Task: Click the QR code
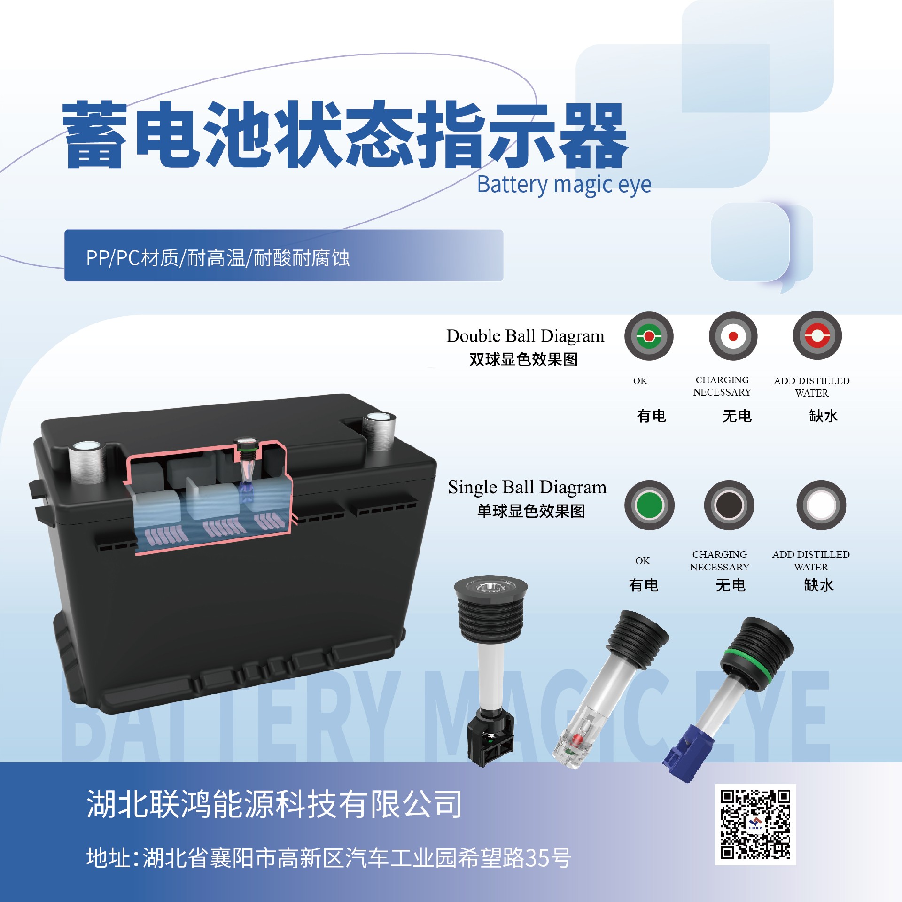(755, 824)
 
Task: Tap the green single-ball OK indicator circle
(649, 505)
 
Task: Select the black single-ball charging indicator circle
(729, 505)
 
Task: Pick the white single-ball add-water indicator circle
(821, 505)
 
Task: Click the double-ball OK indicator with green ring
(649, 336)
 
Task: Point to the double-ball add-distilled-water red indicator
(817, 336)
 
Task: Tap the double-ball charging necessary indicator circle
(733, 336)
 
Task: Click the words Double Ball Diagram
(525, 336)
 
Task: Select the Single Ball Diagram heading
(527, 487)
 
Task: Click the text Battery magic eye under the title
(564, 185)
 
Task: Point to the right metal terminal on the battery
(379, 431)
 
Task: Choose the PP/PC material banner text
(218, 258)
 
